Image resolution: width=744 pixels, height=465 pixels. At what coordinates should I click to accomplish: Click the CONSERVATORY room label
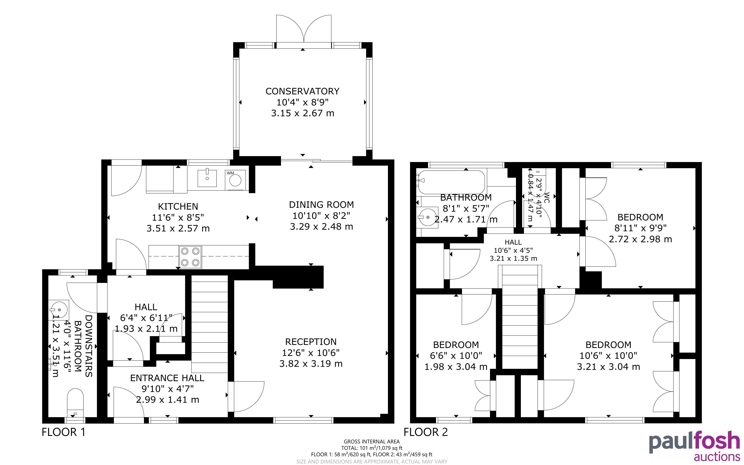click(x=302, y=91)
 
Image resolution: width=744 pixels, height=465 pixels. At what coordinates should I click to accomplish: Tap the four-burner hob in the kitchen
click(x=190, y=257)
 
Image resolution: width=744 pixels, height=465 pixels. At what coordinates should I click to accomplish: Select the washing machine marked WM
click(x=235, y=180)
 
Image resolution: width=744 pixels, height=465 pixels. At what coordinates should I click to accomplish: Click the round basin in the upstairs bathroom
click(x=428, y=217)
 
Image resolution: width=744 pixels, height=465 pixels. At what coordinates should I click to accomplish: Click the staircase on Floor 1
click(x=210, y=324)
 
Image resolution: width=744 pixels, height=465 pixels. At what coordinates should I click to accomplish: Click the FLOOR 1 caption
click(x=63, y=432)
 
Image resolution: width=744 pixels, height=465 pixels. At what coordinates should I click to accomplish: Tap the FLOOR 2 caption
click(x=426, y=432)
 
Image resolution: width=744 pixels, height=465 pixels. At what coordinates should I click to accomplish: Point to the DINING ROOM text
click(x=321, y=204)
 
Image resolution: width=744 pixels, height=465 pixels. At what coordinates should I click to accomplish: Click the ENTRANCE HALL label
click(x=167, y=378)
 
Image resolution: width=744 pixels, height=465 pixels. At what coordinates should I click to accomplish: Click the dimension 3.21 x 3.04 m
click(x=609, y=366)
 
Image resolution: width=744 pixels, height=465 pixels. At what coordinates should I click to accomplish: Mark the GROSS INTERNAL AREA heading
click(x=372, y=442)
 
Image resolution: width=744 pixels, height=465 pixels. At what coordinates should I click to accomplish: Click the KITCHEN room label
click(x=178, y=206)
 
